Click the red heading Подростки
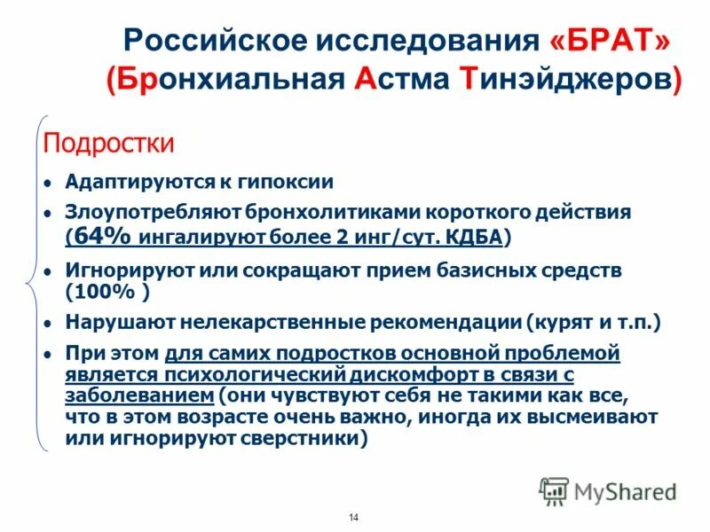tap(109, 143)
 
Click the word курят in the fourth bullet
tap(564, 323)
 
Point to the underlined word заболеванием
tap(139, 395)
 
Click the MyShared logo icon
tap(553, 490)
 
